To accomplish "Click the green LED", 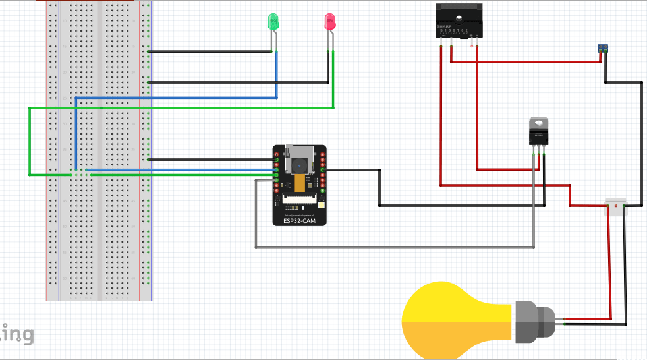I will [x=273, y=22].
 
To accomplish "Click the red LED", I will [x=330, y=22].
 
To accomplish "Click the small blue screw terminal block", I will [x=602, y=47].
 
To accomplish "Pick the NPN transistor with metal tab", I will [x=538, y=134].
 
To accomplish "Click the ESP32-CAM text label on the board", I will [x=299, y=221].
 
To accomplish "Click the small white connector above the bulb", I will [x=615, y=208].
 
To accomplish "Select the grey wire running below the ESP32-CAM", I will [x=395, y=247].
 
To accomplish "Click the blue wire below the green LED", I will [x=276, y=73].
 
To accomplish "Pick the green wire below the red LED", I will [x=333, y=79].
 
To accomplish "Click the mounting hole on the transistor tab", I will [x=538, y=123].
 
